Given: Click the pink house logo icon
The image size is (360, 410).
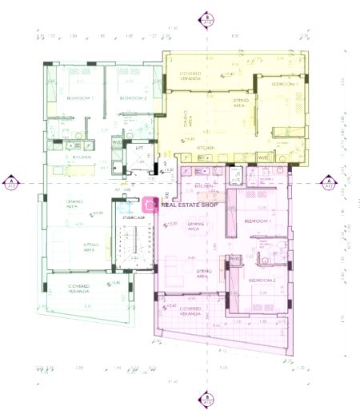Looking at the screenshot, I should pyautogui.click(x=149, y=205).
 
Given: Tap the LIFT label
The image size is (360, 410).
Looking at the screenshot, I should pyautogui.click(x=138, y=148).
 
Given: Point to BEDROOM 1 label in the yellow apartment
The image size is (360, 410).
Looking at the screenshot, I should pyautogui.click(x=284, y=84).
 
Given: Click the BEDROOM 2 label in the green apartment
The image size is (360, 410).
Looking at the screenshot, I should pyautogui.click(x=134, y=98).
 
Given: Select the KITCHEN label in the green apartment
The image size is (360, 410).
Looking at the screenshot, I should pyautogui.click(x=82, y=157).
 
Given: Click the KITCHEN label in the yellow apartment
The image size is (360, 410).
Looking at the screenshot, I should pyautogui.click(x=206, y=148).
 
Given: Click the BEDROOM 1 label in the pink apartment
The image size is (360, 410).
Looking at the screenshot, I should pyautogui.click(x=258, y=221).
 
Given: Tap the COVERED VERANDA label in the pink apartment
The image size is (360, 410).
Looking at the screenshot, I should pyautogui.click(x=190, y=309).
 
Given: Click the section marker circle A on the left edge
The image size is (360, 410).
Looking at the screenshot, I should pyautogui.click(x=12, y=182).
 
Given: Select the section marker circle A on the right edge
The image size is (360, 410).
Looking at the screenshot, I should pyautogui.click(x=328, y=182).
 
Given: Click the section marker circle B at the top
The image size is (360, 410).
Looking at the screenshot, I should pyautogui.click(x=207, y=18).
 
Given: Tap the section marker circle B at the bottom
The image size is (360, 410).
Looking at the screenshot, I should pyautogui.click(x=207, y=397).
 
